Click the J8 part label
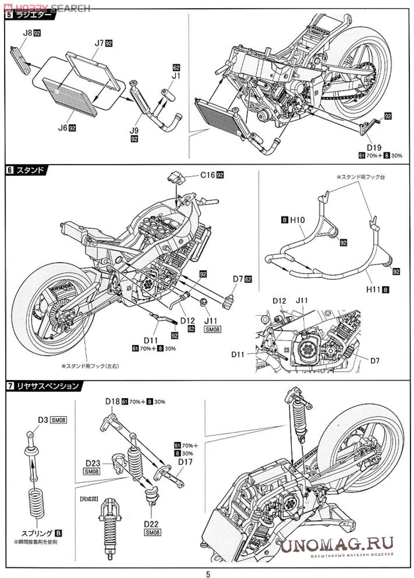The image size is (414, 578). click(x=26, y=33)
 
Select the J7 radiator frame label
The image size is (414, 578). click(x=99, y=43)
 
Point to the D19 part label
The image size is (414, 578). click(x=374, y=148)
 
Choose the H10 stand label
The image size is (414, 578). click(x=297, y=220)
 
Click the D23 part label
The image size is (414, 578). click(x=93, y=463)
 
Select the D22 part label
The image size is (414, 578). click(x=151, y=524)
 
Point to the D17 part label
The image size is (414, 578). click(x=185, y=462)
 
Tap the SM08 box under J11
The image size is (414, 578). click(x=213, y=329)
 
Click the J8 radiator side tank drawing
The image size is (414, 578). click(x=20, y=60)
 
